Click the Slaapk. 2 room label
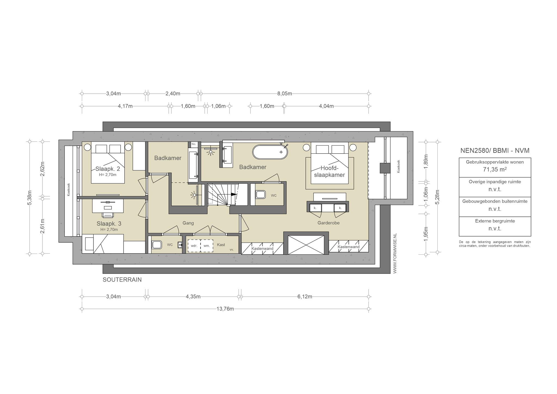108,169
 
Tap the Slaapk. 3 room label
109,224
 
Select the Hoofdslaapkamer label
329,171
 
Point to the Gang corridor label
188,223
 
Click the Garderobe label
329,223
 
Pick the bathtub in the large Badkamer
270,152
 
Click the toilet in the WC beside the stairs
260,195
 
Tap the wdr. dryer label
194,246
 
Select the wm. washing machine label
207,246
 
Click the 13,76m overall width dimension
225,309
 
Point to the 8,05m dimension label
285,94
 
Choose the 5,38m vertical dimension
30,198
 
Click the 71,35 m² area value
495,170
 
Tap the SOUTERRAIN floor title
122,280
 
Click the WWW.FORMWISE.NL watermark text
395,253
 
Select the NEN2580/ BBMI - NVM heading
495,150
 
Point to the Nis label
194,144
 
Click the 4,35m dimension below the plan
193,297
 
